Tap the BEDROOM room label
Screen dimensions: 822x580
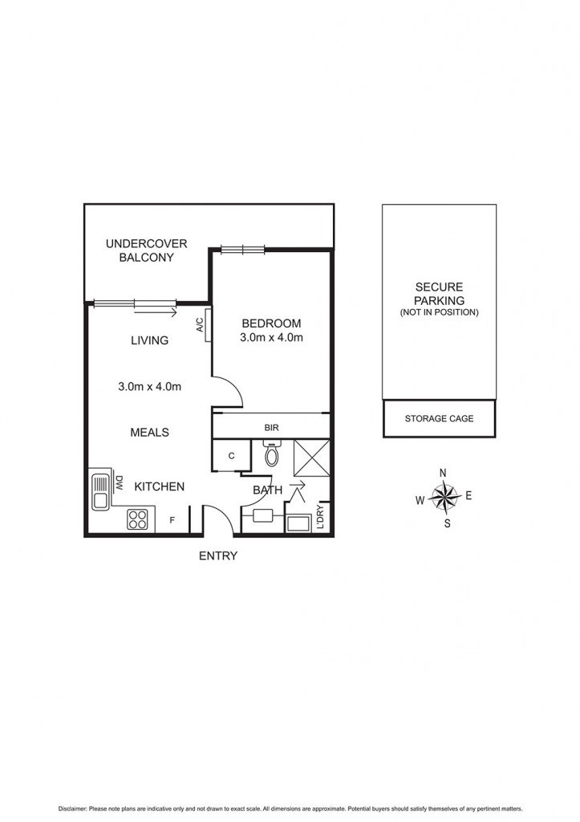[271, 324]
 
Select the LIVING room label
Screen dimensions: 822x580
[150, 340]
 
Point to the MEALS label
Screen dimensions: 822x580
[150, 432]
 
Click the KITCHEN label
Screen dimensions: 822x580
[159, 486]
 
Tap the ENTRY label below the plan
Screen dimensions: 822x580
[218, 555]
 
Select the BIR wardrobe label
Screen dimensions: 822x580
[270, 428]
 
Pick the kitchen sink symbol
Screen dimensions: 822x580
[101, 492]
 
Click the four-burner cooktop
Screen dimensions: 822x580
[138, 519]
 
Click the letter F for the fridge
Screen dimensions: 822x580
[172, 520]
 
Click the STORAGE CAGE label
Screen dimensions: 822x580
[439, 418]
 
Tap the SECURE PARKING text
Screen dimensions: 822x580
[439, 294]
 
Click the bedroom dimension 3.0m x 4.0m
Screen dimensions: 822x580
[271, 338]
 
